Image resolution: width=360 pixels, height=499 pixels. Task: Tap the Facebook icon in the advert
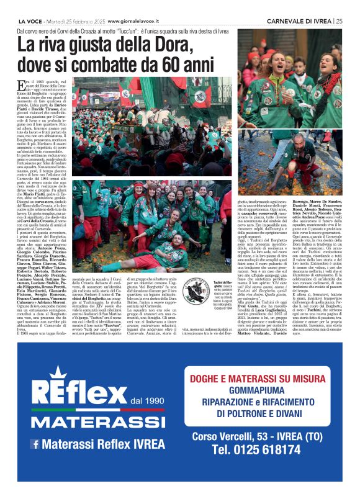point(34,444)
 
